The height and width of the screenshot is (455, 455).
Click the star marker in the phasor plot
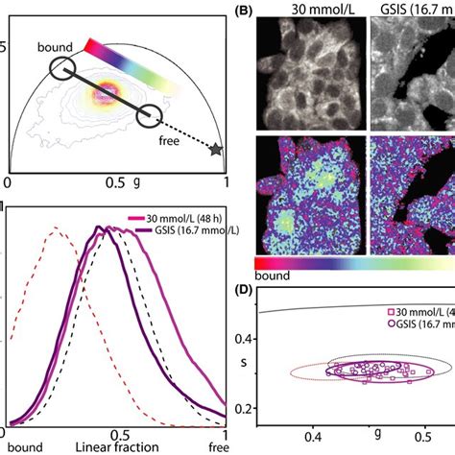(217, 151)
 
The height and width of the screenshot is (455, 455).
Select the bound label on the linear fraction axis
(20, 446)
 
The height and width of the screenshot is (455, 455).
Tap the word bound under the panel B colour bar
(273, 275)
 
